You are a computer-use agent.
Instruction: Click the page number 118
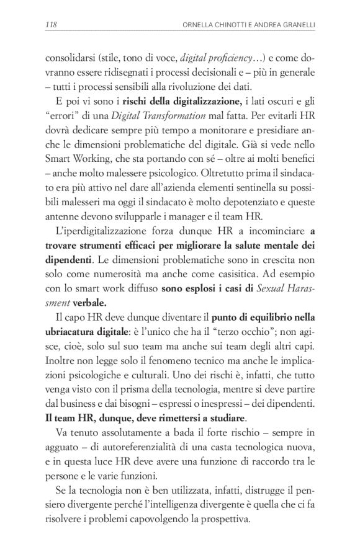tap(52, 25)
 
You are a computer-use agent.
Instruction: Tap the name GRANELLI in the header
tap(294, 25)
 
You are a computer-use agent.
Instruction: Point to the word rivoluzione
tap(236, 87)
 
